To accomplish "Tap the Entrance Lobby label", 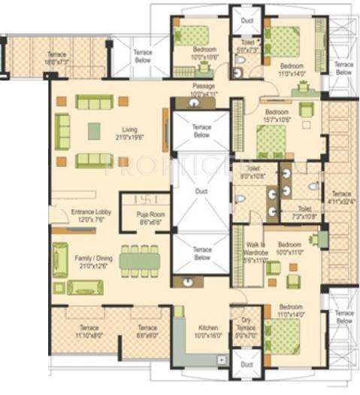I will point(91,216).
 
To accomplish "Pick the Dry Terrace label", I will point(247,332).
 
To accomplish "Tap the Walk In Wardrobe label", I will point(256,254).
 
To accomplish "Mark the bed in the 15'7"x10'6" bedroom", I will point(271,139).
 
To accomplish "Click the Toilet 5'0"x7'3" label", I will point(247,47).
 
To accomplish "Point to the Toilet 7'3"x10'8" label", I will point(305,212).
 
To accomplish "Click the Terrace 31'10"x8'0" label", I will point(80,332).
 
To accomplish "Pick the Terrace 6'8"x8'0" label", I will point(147,332).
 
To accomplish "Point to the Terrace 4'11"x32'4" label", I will point(340,198).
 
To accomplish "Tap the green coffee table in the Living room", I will point(94,130).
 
